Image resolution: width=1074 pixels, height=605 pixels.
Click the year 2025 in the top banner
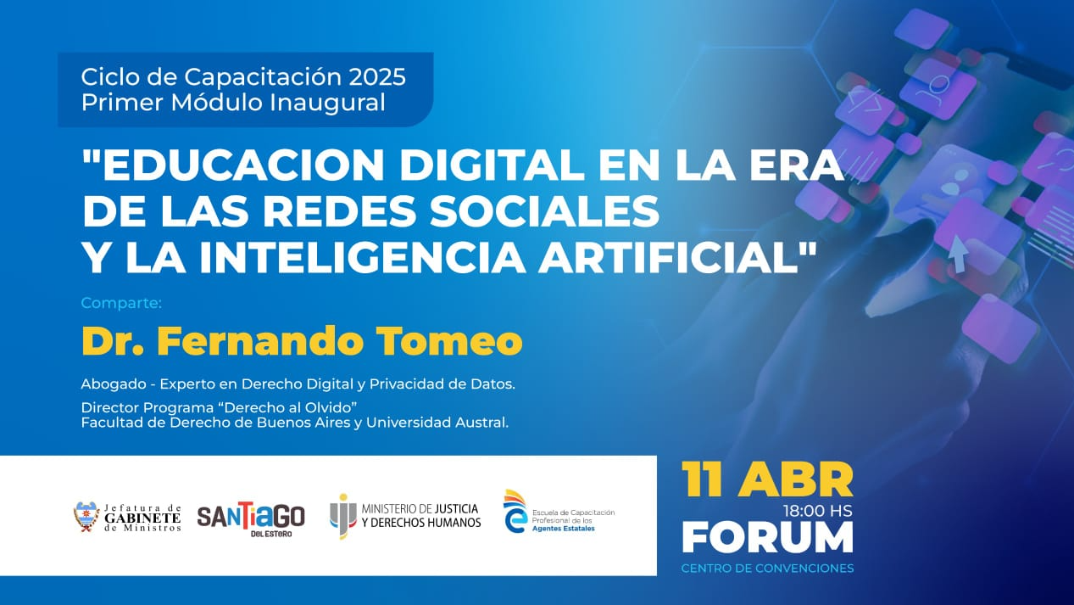pyautogui.click(x=377, y=77)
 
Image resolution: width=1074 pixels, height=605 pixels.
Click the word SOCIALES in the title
pyautogui.click(x=544, y=210)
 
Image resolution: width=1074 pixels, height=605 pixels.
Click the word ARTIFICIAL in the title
pyautogui.click(x=671, y=257)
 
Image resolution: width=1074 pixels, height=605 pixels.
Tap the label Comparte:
pyautogui.click(x=121, y=304)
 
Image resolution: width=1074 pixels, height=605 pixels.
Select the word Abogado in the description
pyautogui.click(x=114, y=384)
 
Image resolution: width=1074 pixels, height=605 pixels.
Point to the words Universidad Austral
pyautogui.click(x=437, y=423)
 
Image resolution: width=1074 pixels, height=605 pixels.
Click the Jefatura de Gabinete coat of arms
pyautogui.click(x=86, y=516)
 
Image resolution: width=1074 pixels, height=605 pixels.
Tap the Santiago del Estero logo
pyautogui.click(x=251, y=518)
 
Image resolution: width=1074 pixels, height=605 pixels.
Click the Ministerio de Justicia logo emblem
pyautogui.click(x=342, y=516)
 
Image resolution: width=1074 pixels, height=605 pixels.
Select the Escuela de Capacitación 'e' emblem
pyautogui.click(x=515, y=512)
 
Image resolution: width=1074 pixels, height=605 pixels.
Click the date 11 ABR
pyautogui.click(x=767, y=480)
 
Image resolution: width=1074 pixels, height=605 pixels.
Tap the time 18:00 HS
pyautogui.click(x=818, y=511)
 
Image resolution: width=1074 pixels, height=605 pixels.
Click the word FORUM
pyautogui.click(x=768, y=537)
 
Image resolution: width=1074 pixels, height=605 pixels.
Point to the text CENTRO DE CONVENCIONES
pyautogui.click(x=768, y=569)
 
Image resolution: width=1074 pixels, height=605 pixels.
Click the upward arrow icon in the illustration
pyautogui.click(x=958, y=254)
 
